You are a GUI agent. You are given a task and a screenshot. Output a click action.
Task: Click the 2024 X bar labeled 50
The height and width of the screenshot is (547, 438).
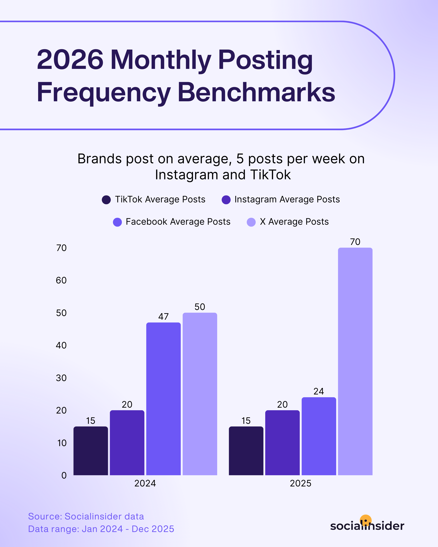(x=200, y=394)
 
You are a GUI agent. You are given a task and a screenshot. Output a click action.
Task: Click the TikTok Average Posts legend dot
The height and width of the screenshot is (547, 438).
(x=106, y=200)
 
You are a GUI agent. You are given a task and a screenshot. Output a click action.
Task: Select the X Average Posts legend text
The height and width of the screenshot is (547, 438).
(x=294, y=222)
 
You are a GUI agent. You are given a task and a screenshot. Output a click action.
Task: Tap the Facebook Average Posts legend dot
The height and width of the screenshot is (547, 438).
(x=117, y=222)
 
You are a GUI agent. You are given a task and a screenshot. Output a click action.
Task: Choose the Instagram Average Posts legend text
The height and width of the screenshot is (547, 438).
(x=287, y=199)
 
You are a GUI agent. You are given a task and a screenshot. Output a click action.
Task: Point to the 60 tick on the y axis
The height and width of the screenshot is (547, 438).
(x=61, y=280)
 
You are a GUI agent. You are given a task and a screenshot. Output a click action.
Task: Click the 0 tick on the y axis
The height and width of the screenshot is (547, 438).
(x=64, y=475)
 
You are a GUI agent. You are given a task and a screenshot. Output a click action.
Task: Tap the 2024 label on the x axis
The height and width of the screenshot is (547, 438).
(x=145, y=483)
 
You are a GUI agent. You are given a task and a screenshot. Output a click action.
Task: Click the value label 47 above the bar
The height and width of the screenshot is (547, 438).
(x=163, y=316)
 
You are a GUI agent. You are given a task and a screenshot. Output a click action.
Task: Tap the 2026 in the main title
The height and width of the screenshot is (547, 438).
(x=70, y=60)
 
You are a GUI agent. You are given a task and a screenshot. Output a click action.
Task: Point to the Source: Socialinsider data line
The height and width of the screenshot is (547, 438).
(x=86, y=516)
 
